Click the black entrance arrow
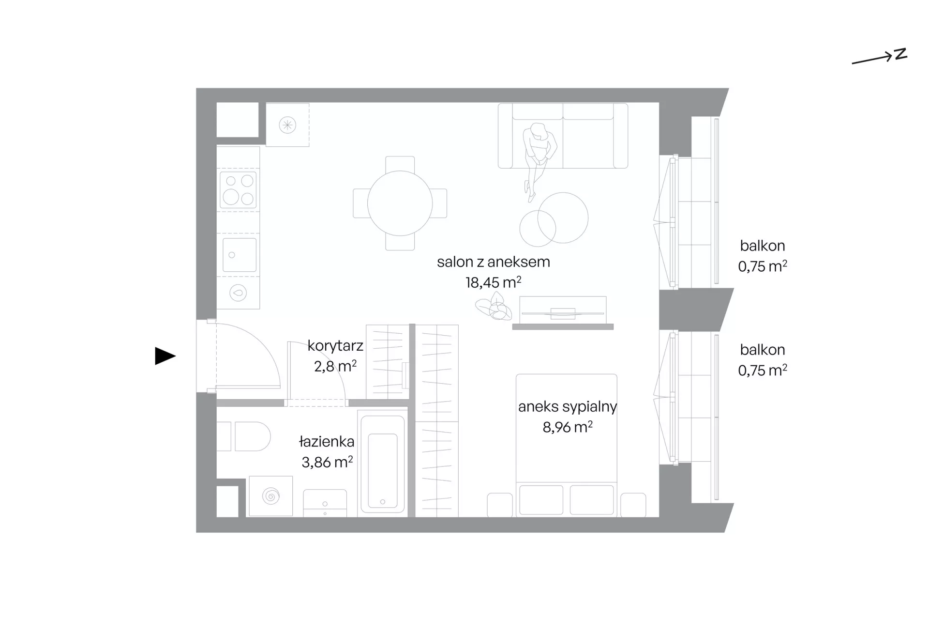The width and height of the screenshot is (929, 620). pos(165,356)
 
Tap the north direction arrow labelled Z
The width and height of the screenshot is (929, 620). pos(879,58)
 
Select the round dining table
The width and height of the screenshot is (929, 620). pos(400,203)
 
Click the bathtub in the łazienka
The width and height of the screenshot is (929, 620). pos(382,464)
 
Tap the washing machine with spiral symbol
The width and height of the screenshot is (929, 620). pos(270,496)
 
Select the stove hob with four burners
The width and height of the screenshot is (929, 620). pos(238,189)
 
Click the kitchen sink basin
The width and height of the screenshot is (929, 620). pos(239,255)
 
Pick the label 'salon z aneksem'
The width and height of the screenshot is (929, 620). pos(494,262)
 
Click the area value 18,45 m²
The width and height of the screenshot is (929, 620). pos(494,282)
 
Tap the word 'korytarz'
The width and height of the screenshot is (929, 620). pos(335,346)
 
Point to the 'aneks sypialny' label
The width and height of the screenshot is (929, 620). pos(568,407)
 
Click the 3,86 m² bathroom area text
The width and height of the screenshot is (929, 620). pos(327,462)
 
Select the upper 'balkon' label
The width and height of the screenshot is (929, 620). pos(763,246)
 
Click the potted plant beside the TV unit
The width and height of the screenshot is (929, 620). pos(494,309)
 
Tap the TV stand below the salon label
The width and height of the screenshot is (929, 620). pos(563,312)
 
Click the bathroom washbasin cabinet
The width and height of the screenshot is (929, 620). pos(325,503)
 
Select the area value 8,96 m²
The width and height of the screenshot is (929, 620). pos(568,427)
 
